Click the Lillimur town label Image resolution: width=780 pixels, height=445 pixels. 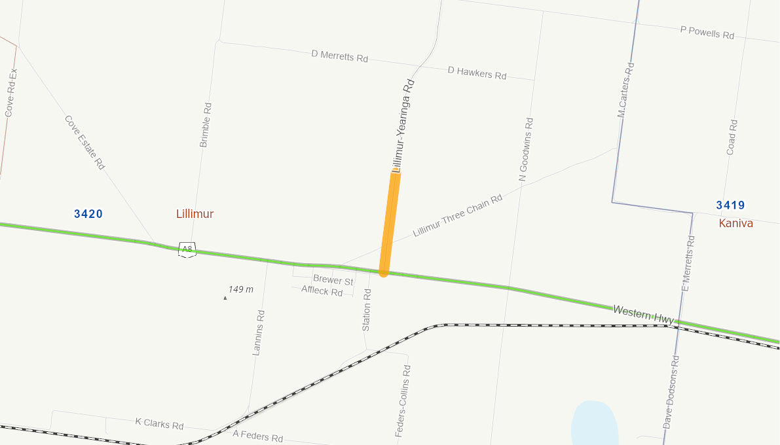195,214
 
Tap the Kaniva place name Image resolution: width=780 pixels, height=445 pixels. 735,223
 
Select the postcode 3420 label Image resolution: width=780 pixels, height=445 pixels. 88,214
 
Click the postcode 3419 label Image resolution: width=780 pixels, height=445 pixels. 730,205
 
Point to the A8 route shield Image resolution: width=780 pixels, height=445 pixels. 187,249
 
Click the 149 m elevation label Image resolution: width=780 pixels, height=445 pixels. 241,289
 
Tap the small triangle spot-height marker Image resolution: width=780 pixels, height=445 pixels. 225,298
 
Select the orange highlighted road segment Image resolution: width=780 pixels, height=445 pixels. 389,222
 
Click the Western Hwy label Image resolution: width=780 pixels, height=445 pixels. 643,313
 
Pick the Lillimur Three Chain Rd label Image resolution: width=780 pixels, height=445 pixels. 458,215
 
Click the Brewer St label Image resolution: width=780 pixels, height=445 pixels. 333,280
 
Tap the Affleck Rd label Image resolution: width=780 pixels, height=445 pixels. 322,291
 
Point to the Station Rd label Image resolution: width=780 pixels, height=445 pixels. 367,310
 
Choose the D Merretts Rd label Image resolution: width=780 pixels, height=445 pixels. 339,56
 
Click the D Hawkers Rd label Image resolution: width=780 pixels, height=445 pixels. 477,72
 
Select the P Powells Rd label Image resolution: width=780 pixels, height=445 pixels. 707,33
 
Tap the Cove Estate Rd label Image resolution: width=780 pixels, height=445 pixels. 84,143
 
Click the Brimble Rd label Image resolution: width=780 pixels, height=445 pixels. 205,124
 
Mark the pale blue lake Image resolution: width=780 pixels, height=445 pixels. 594,423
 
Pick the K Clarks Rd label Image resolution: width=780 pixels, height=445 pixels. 159,423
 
